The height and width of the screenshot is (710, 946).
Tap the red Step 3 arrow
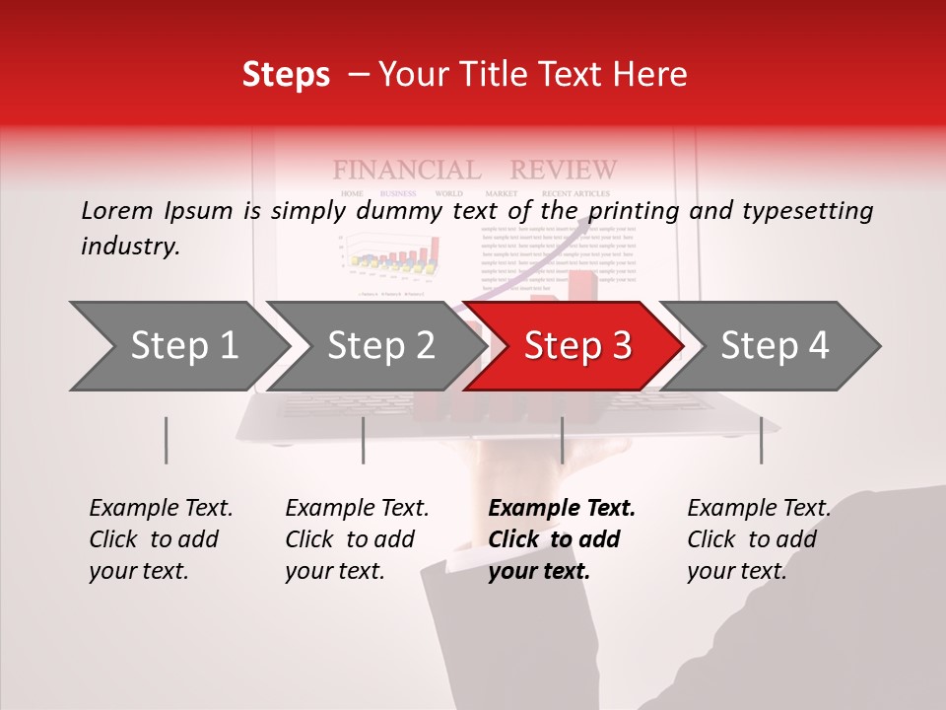pos(577,346)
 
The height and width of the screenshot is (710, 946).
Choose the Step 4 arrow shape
pos(775,346)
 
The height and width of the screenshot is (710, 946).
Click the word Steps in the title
pos(286,74)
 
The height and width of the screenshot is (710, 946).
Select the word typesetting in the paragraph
pos(807,211)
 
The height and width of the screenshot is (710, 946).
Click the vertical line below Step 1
pos(166,440)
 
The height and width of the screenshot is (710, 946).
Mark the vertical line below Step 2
pos(364,440)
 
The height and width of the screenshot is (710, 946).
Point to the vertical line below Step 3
pos(562,440)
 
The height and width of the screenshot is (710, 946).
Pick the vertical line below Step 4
pos(761,440)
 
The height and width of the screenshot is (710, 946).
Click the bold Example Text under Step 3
pos(562,509)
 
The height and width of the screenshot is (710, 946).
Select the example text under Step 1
pos(161,539)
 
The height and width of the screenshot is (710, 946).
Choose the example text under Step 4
pos(759,539)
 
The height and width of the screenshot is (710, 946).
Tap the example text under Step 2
pos(357,539)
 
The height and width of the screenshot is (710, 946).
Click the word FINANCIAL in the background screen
pos(407,170)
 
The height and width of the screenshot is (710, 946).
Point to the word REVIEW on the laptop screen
pos(564,170)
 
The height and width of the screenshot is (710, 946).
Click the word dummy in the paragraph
pos(404,211)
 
